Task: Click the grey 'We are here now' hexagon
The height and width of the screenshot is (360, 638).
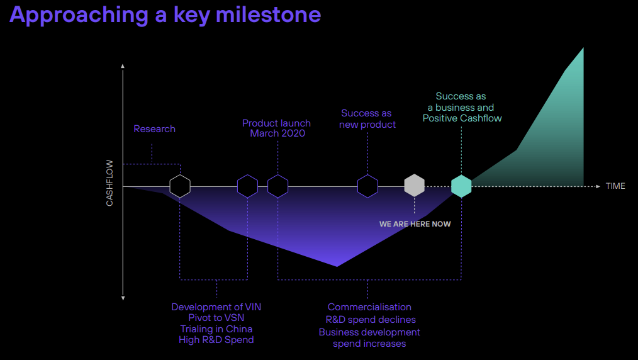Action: (414, 186)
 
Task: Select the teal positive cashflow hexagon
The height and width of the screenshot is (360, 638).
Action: (461, 186)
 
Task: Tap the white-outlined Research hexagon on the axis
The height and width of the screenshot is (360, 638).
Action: (180, 186)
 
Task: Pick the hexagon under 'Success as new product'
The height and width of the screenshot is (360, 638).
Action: (367, 186)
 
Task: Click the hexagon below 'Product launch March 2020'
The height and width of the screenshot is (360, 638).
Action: (277, 186)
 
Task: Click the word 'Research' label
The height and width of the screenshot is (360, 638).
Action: (154, 129)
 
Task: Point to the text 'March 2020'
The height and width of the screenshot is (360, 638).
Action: (277, 133)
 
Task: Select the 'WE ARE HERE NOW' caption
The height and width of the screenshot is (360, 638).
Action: (415, 224)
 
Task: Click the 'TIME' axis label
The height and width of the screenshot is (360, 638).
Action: (615, 186)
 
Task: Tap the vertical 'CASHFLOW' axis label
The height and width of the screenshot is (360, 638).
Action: (109, 186)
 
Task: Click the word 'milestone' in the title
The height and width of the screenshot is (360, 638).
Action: (269, 14)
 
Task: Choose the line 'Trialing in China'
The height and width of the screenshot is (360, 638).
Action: (216, 329)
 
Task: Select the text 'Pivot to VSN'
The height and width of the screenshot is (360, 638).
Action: (216, 318)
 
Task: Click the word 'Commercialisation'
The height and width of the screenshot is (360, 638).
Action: (369, 307)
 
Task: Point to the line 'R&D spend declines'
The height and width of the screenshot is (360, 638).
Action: (369, 320)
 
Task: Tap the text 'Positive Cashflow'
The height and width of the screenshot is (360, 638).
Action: (462, 118)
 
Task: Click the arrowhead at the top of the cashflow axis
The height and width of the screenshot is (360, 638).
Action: (123, 65)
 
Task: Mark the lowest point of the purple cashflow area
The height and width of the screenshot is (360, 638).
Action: (337, 266)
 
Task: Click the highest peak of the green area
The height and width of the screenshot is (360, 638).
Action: (583, 49)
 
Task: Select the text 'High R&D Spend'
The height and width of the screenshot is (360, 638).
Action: (216, 340)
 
